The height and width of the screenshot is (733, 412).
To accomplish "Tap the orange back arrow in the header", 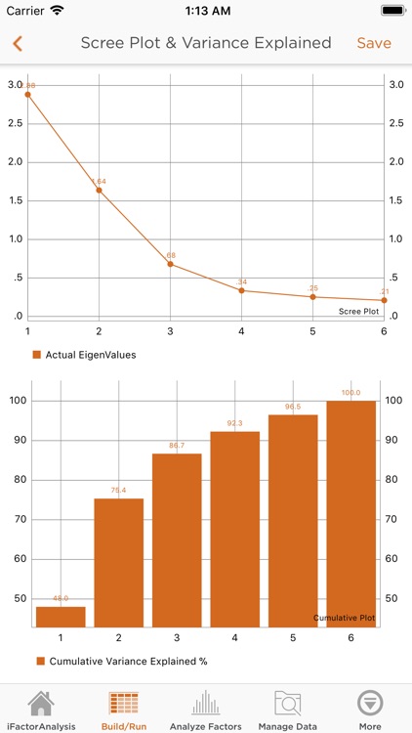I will pos(18,43).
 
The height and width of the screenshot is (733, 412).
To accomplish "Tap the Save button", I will pos(374,43).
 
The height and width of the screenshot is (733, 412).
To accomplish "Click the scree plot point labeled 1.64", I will pos(99,190).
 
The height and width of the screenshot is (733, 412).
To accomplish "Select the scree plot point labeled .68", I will pos(170,264).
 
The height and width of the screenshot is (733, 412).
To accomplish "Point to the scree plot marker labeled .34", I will pos(241,290).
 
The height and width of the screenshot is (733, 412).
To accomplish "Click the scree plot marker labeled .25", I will pos(312,297).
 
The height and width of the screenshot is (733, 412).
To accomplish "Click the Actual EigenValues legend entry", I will pos(84,354).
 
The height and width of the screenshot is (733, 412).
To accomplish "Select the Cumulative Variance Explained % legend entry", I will pos(121,661).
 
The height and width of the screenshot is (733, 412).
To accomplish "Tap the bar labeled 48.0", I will pos(61,617).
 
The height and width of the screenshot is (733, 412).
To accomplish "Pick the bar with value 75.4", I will pos(118,562).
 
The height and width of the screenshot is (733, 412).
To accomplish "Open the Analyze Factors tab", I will pos(206,710).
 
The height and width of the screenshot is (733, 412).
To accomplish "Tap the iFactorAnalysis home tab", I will pos(40,710).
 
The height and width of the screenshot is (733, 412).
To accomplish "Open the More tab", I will pos(370,710).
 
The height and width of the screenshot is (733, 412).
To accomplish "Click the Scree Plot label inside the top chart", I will pos(358,311).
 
